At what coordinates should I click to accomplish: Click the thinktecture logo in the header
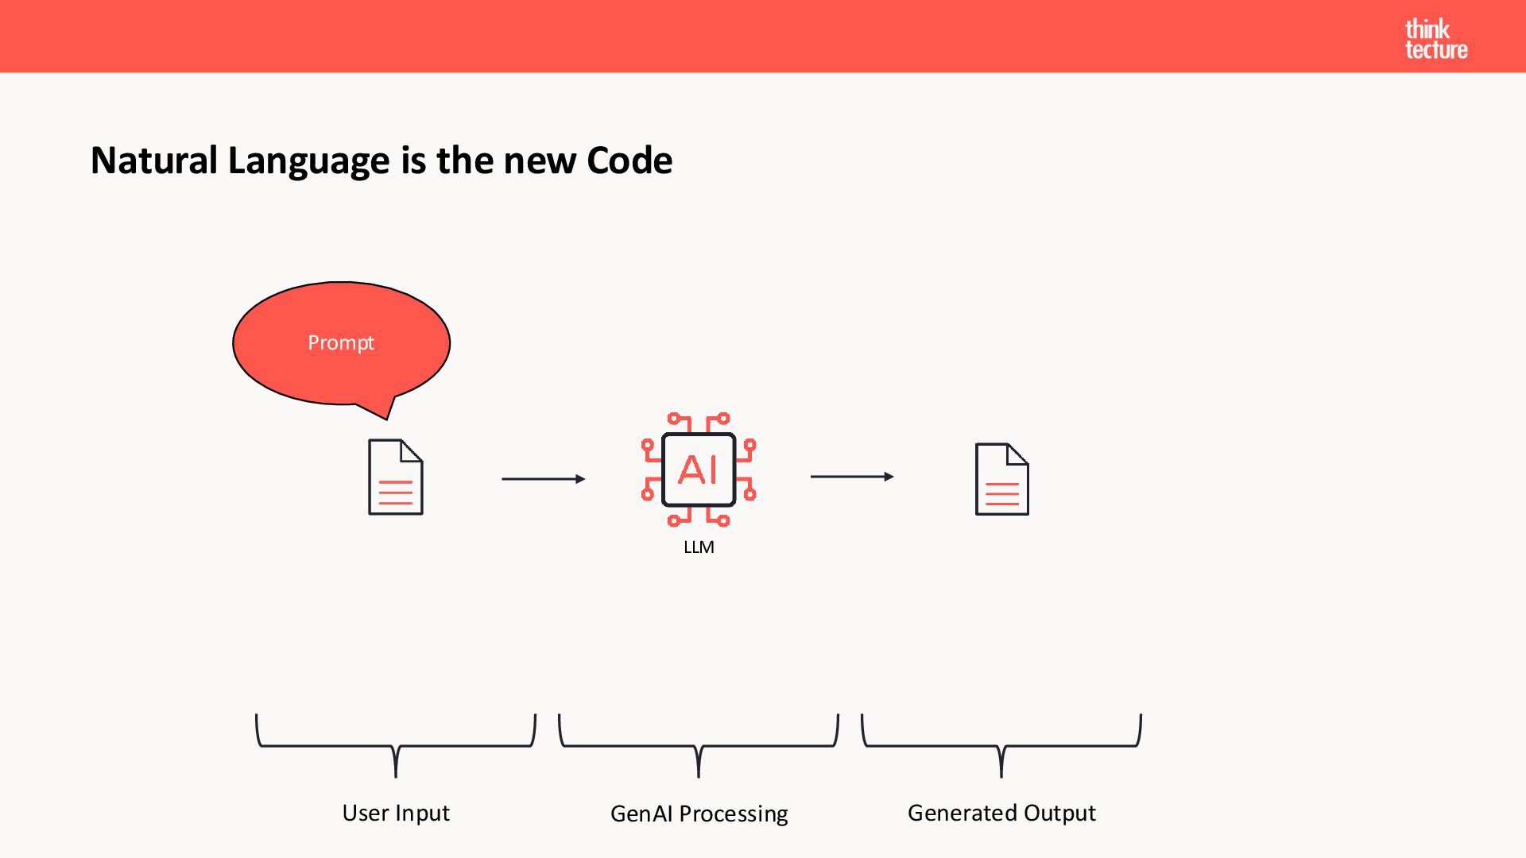click(x=1435, y=40)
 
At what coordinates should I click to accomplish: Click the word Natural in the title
click(x=153, y=160)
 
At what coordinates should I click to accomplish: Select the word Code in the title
click(x=629, y=160)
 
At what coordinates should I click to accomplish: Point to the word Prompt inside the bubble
click(x=341, y=343)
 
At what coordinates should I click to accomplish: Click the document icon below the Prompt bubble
click(x=395, y=477)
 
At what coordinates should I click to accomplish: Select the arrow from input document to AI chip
click(x=543, y=479)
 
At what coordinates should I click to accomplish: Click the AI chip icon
click(x=699, y=470)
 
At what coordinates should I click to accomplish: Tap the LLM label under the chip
click(x=699, y=547)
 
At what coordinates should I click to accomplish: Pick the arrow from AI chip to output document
click(x=851, y=477)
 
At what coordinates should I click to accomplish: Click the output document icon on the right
click(x=1001, y=479)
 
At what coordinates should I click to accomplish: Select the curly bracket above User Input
click(x=396, y=744)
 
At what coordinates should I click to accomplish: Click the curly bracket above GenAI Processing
click(x=699, y=744)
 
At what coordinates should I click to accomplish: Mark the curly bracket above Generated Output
click(x=1001, y=744)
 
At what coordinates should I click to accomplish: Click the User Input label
click(x=396, y=813)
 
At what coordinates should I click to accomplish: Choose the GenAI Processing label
click(x=699, y=814)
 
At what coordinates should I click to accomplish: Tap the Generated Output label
click(x=1001, y=813)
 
